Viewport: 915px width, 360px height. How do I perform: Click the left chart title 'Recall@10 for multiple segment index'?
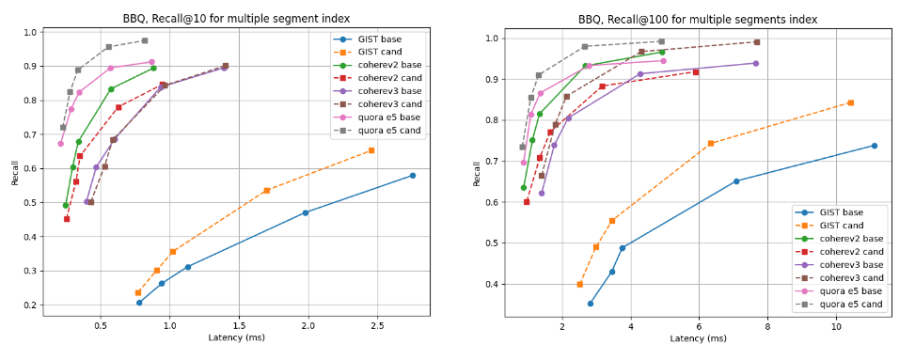(236, 18)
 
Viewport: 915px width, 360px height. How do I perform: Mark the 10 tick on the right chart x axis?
(836, 326)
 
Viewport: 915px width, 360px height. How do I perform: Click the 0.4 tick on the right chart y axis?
(493, 284)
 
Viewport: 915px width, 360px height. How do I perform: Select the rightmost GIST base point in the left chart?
(412, 176)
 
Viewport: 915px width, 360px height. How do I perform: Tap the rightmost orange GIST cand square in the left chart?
(371, 150)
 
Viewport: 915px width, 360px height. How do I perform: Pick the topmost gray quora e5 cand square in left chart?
(144, 40)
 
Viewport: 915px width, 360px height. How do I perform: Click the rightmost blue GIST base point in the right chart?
(875, 146)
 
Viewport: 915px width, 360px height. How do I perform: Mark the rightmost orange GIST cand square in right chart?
(850, 102)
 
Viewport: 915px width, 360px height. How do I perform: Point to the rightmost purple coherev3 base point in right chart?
(755, 63)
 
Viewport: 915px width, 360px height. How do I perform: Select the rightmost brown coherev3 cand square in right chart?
(756, 42)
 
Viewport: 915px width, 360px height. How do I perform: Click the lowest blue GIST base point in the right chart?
(591, 304)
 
